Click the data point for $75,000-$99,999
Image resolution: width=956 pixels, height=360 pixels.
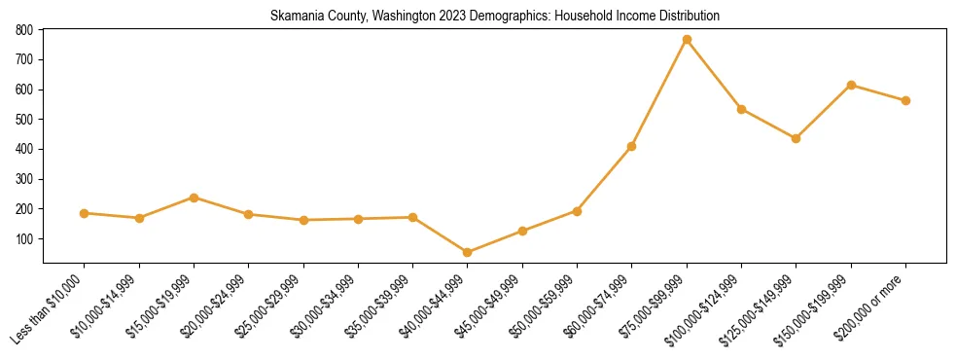[x=687, y=40]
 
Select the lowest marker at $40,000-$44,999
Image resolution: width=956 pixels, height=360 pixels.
[x=468, y=253]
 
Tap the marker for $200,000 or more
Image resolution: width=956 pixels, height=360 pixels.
[x=905, y=100]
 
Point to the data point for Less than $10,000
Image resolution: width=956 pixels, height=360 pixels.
[x=85, y=213]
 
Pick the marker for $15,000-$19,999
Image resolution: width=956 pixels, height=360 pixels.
[x=194, y=198]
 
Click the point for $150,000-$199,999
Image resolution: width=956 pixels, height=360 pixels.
[x=851, y=85]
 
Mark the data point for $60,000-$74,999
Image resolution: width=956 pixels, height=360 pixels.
[x=632, y=146]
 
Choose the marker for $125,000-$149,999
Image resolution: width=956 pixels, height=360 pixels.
[x=797, y=138]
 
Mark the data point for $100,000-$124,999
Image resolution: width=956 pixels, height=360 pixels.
[x=741, y=109]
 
